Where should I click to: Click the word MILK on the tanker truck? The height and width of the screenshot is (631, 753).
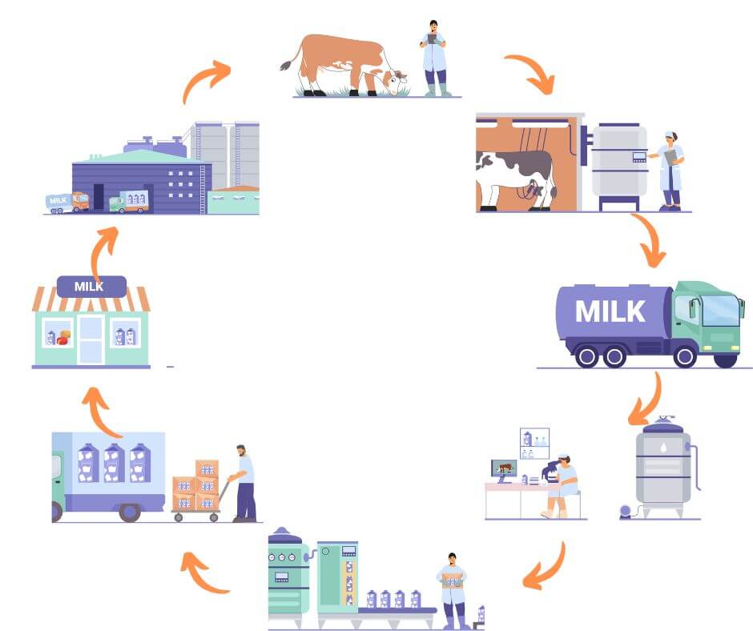(x=610, y=311)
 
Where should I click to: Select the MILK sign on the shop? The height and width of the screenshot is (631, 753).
(x=91, y=286)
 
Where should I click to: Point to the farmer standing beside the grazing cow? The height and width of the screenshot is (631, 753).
(x=433, y=58)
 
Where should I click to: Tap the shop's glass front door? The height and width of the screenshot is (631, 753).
(x=91, y=340)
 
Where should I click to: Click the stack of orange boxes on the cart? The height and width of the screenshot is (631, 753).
(x=195, y=485)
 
